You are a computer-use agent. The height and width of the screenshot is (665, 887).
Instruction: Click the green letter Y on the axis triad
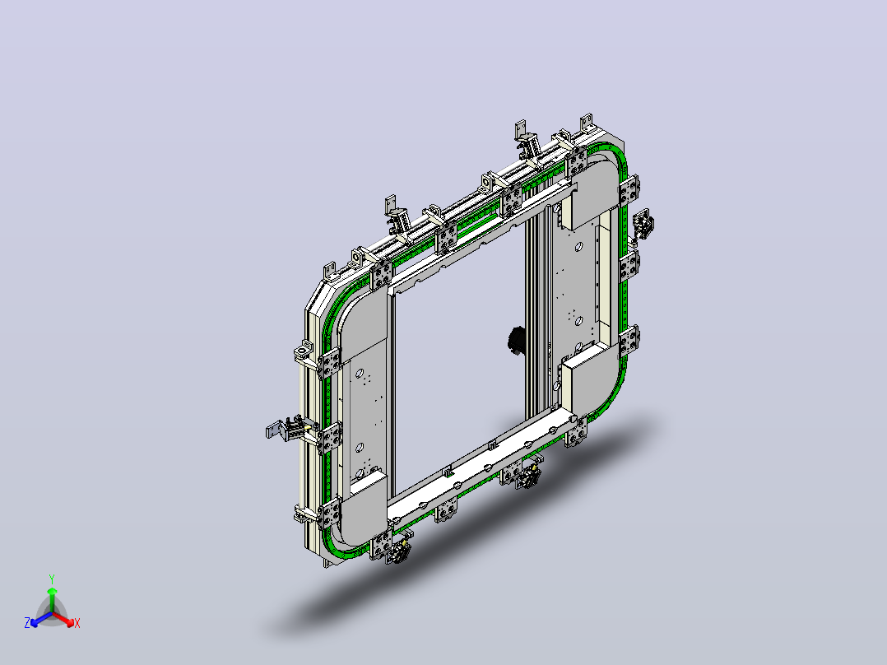click(52, 579)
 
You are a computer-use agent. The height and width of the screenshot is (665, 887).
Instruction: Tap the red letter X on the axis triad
click(77, 624)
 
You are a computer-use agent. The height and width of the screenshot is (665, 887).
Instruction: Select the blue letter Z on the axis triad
click(27, 623)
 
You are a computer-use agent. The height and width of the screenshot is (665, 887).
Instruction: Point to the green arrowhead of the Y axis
click(52, 591)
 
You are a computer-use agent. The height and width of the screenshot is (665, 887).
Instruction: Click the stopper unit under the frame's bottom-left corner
click(400, 550)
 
